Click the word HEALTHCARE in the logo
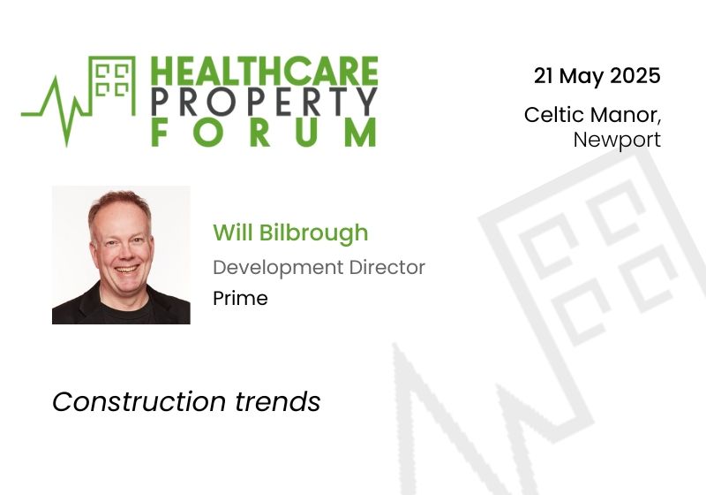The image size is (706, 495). point(264,72)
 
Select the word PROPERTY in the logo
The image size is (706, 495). point(264,102)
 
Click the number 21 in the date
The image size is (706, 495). point(544,76)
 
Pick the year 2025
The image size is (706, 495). point(635,76)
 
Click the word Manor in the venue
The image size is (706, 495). point(625,115)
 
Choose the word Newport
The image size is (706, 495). point(617,140)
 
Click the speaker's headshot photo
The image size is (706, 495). point(121,255)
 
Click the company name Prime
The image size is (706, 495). point(240,298)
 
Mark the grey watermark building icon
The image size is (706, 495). point(600,265)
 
